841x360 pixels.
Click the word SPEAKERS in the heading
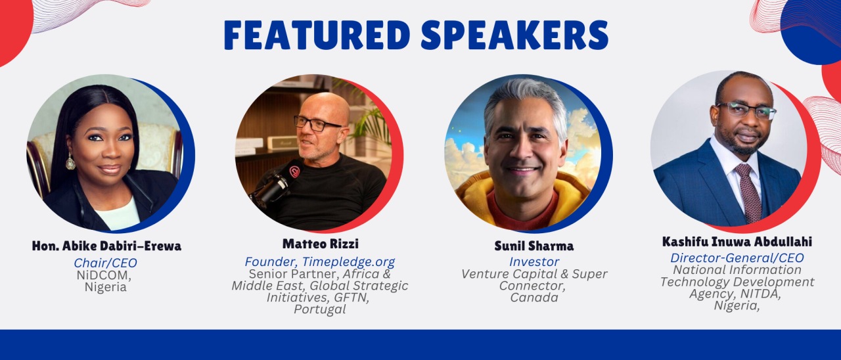pos(514,35)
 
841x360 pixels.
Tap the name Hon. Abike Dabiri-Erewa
pos(106,246)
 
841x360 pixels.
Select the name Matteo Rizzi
pos(320,244)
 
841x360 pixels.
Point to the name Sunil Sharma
pos(534,246)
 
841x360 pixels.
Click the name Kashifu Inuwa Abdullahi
pos(737,242)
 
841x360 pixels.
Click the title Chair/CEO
pos(106,263)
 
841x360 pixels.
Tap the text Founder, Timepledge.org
pos(319,261)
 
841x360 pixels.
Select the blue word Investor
pos(534,261)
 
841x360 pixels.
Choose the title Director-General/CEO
pos(737,258)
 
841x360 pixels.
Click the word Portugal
pos(319,309)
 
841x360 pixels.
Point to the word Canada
pos(534,298)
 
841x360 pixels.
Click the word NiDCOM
pos(104,275)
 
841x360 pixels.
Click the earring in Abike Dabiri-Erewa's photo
pos(70,161)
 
